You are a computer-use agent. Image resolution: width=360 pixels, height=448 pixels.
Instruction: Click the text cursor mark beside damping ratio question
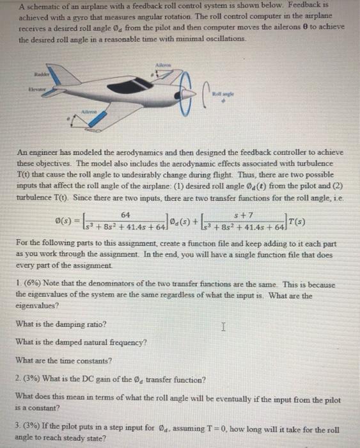coord(222,328)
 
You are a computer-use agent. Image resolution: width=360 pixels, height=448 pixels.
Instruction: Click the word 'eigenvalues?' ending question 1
coord(37,306)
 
